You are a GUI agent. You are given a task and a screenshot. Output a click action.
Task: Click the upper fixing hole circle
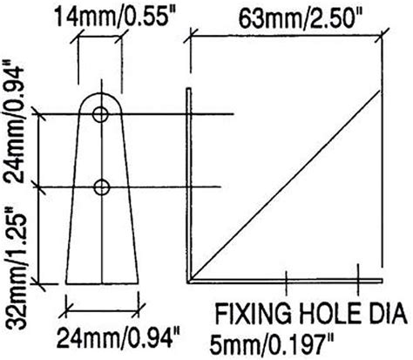coord(103,113)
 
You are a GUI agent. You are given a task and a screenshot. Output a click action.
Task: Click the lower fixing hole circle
coord(103,186)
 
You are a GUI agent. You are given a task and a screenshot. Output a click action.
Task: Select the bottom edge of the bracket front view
coord(103,282)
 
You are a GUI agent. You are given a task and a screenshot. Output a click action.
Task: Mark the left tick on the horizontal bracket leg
coord(287,280)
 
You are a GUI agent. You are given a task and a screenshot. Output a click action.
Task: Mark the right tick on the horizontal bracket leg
coord(360,280)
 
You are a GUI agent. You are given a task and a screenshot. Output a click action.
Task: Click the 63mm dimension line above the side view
coord(288,35)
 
